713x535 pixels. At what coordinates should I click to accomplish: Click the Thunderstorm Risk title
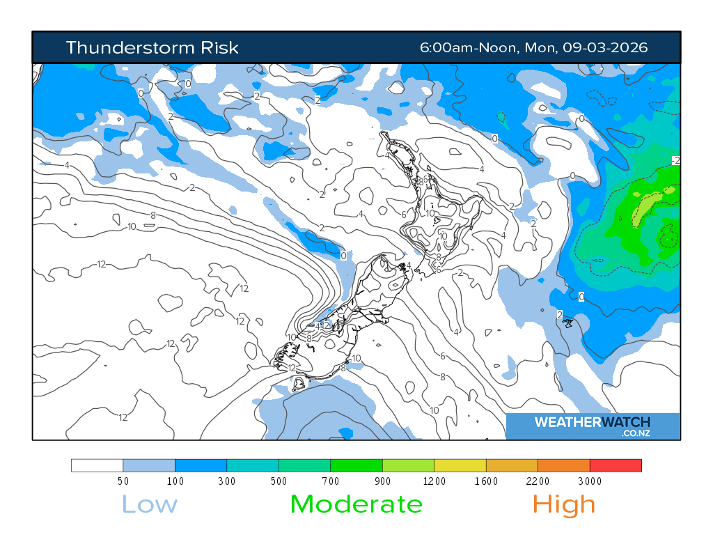(152, 47)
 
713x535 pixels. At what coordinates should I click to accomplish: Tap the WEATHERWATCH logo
(592, 422)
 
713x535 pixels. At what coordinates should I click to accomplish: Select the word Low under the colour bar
(150, 504)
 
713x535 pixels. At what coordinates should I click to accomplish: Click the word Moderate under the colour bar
(356, 504)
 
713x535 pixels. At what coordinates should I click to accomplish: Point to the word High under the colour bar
(564, 504)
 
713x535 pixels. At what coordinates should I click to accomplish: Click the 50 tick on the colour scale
(123, 481)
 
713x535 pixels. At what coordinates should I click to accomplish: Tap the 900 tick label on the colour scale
(382, 481)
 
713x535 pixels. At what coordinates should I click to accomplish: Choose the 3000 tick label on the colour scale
(590, 481)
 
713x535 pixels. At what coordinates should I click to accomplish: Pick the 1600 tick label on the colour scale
(486, 481)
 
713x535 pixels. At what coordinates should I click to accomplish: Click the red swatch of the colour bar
(616, 465)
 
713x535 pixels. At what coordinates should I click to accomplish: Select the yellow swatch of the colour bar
(460, 465)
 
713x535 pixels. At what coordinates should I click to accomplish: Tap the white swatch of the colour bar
(97, 465)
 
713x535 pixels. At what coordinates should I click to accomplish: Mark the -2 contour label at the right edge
(675, 161)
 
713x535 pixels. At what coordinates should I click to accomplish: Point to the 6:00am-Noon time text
(468, 47)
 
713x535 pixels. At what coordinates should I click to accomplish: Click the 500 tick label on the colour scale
(279, 481)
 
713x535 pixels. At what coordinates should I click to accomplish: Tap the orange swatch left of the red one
(564, 465)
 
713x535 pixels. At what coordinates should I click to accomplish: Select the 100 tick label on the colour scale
(175, 481)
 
